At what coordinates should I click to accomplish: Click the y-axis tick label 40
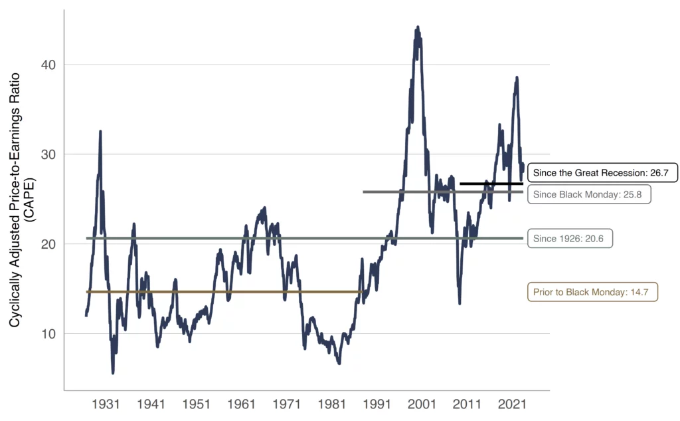[x=46, y=65]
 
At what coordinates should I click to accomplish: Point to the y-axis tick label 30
[x=46, y=154]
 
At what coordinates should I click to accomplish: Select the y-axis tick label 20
[x=46, y=244]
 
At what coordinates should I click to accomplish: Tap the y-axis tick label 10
[x=46, y=333]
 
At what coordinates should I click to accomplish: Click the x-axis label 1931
[x=106, y=404]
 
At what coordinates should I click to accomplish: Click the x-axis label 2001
[x=422, y=404]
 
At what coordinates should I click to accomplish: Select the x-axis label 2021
[x=512, y=404]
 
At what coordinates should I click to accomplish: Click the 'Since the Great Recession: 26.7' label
[x=602, y=173]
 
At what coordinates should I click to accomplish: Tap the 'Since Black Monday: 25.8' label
[x=588, y=194]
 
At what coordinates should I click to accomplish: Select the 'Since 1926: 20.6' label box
[x=570, y=238]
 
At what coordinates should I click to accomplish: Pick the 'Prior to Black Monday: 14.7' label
[x=592, y=292]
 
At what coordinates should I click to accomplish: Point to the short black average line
[x=491, y=184]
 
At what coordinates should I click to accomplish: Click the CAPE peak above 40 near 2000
[x=417, y=28]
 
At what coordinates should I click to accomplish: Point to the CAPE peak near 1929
[x=100, y=132]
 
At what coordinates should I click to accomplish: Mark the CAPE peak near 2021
[x=517, y=78]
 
